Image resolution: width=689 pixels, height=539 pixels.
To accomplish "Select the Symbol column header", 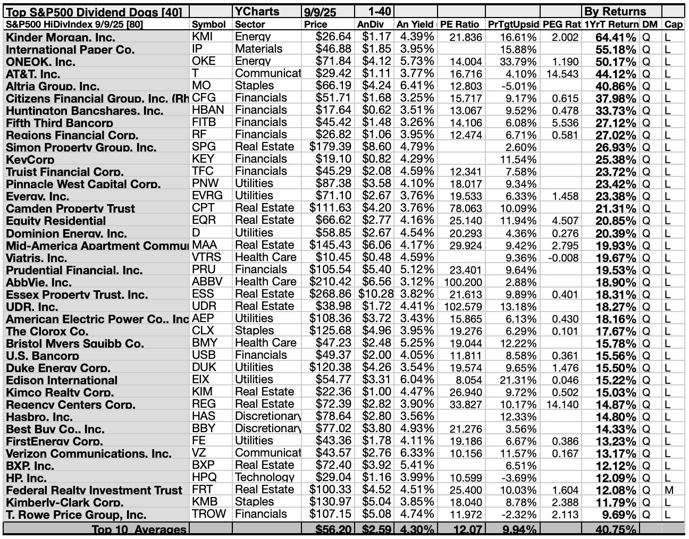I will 205,24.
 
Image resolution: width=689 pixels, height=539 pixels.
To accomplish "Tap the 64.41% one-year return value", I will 610,37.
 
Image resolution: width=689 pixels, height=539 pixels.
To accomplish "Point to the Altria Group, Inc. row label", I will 53,86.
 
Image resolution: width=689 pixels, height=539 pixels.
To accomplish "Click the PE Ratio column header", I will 460,24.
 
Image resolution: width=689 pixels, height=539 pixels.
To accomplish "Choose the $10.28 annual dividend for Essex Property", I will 376,294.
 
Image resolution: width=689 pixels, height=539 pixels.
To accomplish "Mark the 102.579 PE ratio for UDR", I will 461,307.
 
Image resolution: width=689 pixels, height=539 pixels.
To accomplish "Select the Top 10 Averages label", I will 139,529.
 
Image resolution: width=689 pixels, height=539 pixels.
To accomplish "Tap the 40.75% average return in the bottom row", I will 610,529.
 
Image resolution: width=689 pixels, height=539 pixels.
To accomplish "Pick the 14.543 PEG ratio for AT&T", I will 562,74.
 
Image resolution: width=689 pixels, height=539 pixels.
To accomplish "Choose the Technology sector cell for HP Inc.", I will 264,477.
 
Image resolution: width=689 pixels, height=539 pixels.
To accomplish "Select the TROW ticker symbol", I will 209,514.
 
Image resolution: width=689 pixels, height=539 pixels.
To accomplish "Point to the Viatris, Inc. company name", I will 37,258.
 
